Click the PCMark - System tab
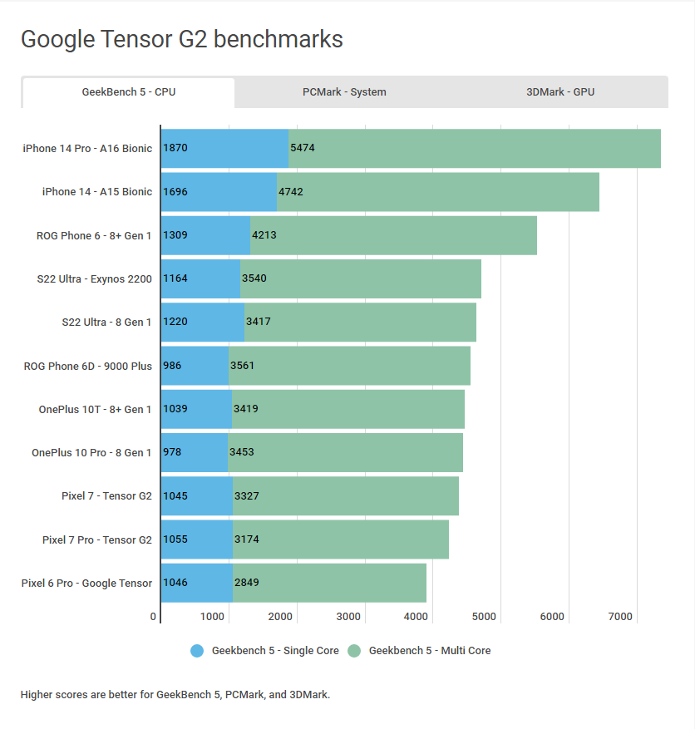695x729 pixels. (344, 92)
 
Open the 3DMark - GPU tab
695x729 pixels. (559, 92)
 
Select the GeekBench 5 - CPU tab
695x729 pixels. (128, 92)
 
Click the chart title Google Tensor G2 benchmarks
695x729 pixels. (181, 39)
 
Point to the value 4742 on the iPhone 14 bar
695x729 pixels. (291, 192)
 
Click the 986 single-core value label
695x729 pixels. (172, 366)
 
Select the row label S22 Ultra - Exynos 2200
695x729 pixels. (94, 279)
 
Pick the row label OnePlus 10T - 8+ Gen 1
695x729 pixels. (95, 409)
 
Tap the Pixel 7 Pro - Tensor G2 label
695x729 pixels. (96, 539)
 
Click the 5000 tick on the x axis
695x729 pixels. (484, 617)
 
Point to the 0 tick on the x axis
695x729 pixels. (153, 617)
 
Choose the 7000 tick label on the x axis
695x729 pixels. (620, 617)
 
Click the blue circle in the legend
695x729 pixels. (197, 651)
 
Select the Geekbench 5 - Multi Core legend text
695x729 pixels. (429, 651)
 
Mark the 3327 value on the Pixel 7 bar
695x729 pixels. (247, 496)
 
